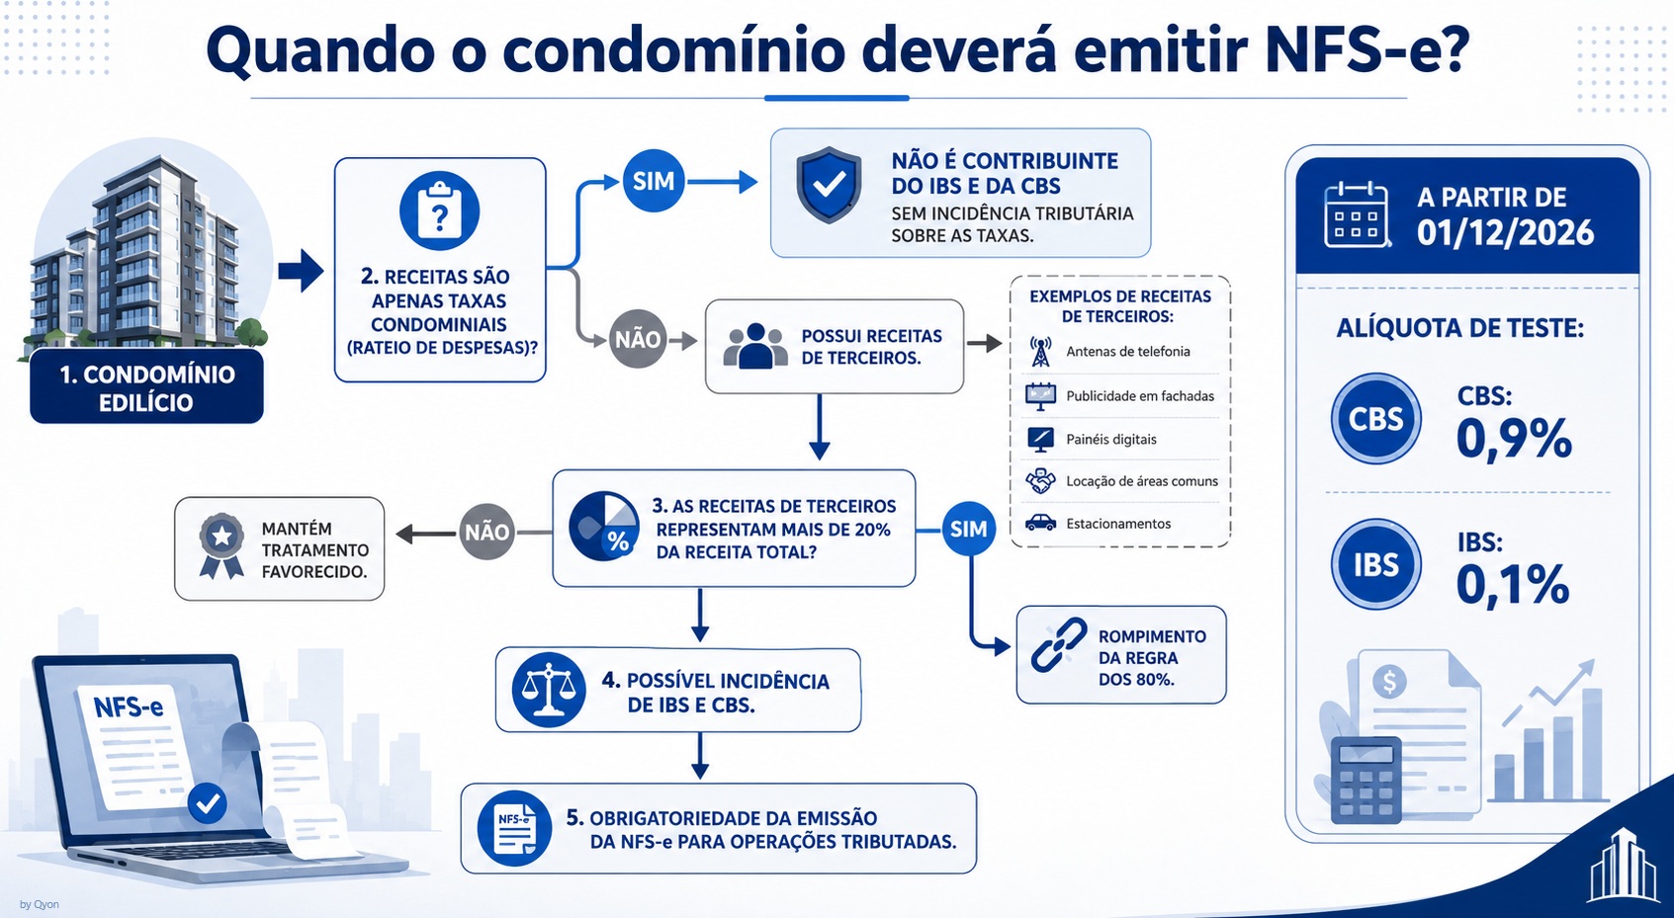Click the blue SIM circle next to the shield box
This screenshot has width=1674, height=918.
coord(654,181)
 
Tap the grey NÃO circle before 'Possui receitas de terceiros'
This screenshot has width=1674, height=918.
coord(638,340)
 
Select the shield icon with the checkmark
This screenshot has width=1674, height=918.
coord(829,185)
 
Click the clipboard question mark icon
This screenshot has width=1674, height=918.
coord(439,211)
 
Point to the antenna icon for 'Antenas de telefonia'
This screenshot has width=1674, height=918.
coord(1040,351)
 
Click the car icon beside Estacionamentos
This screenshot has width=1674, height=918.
coord(1040,523)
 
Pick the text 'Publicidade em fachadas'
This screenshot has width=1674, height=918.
coord(1140,396)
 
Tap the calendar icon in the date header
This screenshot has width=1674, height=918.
coord(1357,214)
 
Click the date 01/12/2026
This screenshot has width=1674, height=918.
coord(1505,233)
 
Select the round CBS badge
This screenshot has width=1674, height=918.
coord(1375,419)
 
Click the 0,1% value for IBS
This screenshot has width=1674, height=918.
coord(1512,585)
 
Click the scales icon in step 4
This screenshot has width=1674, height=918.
coord(550,690)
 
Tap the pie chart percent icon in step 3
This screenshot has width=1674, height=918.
coord(604,527)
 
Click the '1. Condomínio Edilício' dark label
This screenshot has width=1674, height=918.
coord(147,387)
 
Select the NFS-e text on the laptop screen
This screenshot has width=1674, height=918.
coord(129,707)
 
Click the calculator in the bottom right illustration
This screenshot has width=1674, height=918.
coord(1366,780)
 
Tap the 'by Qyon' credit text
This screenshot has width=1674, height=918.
coord(39,904)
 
